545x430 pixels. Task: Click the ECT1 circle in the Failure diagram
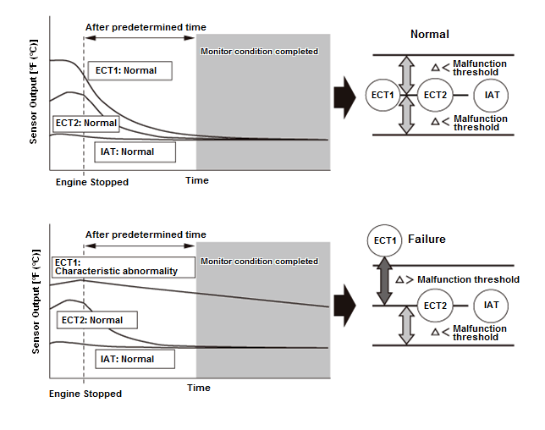point(384,241)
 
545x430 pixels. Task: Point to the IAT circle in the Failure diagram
point(492,306)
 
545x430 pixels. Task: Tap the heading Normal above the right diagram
point(429,35)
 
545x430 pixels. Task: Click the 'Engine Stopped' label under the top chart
point(91,182)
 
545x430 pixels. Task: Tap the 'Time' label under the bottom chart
point(198,388)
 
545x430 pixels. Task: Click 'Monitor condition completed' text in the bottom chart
point(259,262)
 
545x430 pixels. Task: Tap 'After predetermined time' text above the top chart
point(146,27)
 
